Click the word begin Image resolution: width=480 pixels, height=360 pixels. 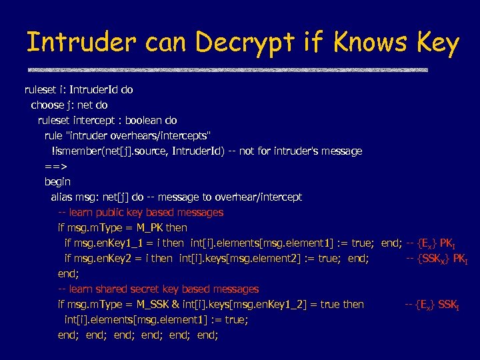pyautogui.click(x=57, y=181)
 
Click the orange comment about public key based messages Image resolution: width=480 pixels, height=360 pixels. pyautogui.click(x=141, y=212)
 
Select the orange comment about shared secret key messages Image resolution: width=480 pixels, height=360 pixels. pyautogui.click(x=158, y=289)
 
